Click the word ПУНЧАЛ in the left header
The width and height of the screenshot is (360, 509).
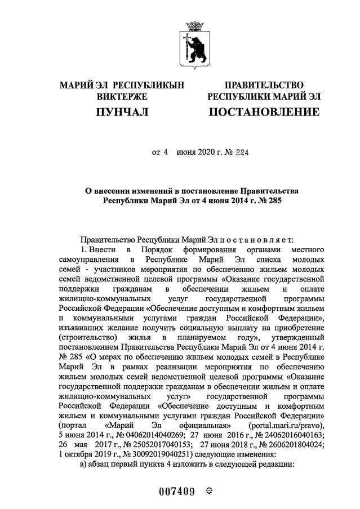pyautogui.click(x=122, y=113)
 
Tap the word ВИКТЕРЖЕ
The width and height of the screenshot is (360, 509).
pyautogui.click(x=122, y=96)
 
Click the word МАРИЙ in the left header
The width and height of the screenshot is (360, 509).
pyautogui.click(x=77, y=84)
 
